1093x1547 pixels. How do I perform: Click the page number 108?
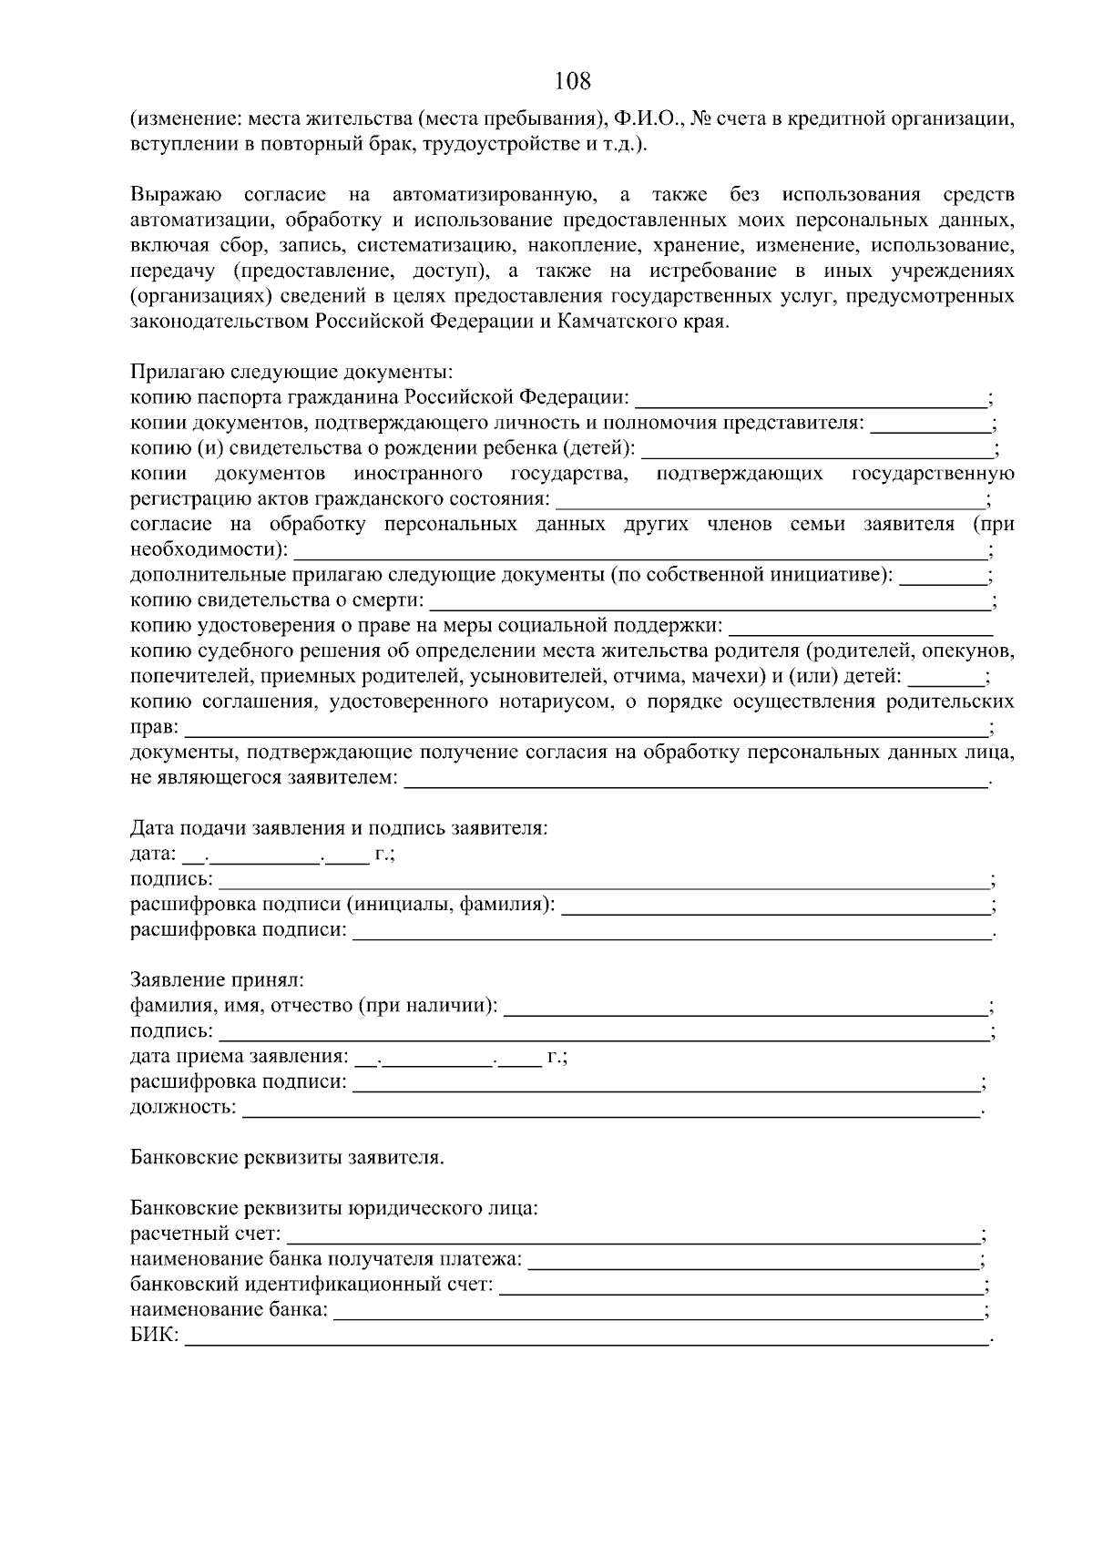573,81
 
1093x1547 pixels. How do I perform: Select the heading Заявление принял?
217,980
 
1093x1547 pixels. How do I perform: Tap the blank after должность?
610,1107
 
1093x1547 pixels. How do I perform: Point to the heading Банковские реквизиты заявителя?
287,1158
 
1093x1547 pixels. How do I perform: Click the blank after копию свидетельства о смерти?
710,601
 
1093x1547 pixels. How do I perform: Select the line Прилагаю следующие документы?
291,373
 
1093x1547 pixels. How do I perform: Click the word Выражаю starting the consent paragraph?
176,195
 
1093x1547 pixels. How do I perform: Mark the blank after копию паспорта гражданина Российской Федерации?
811,398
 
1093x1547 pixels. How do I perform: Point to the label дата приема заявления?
239,1057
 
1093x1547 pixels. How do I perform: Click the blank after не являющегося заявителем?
697,779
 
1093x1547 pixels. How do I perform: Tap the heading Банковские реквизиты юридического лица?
334,1209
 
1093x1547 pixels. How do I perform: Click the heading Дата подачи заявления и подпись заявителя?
339,828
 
